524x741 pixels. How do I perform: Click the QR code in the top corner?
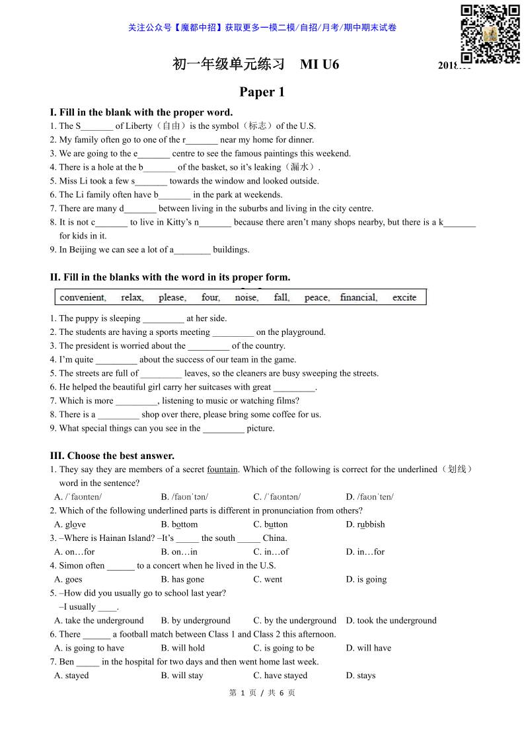coord(490,34)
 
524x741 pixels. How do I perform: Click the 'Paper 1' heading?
coord(262,92)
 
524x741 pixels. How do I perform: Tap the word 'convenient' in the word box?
coord(83,298)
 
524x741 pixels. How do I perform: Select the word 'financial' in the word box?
coord(359,298)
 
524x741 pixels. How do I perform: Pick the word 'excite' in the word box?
coord(404,298)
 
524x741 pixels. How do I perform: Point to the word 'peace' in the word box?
coord(317,298)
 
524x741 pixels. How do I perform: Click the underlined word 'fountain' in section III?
coord(222,470)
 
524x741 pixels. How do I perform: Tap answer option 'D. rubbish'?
coord(365,524)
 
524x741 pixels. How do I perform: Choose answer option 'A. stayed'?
coord(71,676)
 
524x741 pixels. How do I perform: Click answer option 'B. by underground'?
coord(196,621)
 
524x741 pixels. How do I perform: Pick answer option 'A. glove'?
coord(70,524)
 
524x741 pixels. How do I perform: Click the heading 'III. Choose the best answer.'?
coord(112,456)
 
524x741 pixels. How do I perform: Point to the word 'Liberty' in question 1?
coord(139,126)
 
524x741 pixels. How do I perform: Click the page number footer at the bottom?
coord(262,693)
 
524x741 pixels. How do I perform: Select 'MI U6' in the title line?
coord(319,64)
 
